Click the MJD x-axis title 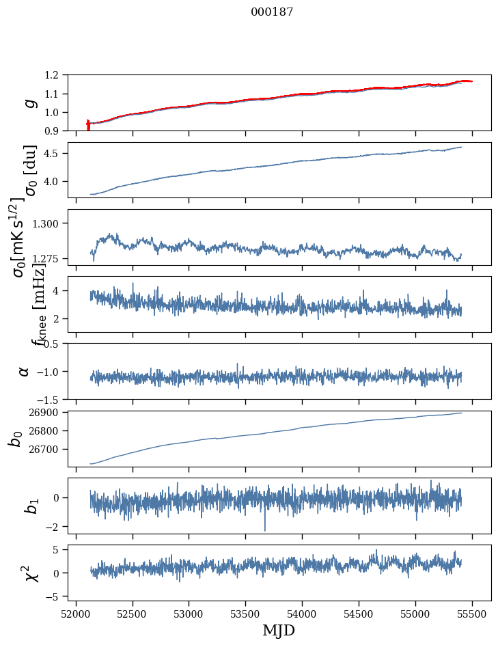(279, 630)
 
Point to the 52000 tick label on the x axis (76, 613)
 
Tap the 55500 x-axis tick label (473, 613)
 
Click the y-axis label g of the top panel (28, 102)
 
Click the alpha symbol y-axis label (24, 371)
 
